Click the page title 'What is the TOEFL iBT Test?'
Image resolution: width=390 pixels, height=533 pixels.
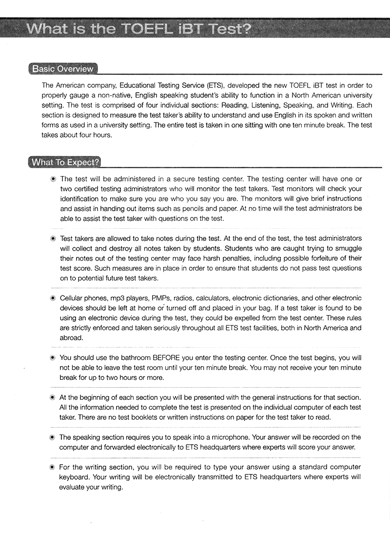[x=139, y=29]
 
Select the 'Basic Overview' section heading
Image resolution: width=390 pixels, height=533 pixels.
[x=62, y=69]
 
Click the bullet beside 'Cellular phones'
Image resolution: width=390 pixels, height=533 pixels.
[x=53, y=298]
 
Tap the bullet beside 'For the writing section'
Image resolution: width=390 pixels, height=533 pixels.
[x=53, y=467]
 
